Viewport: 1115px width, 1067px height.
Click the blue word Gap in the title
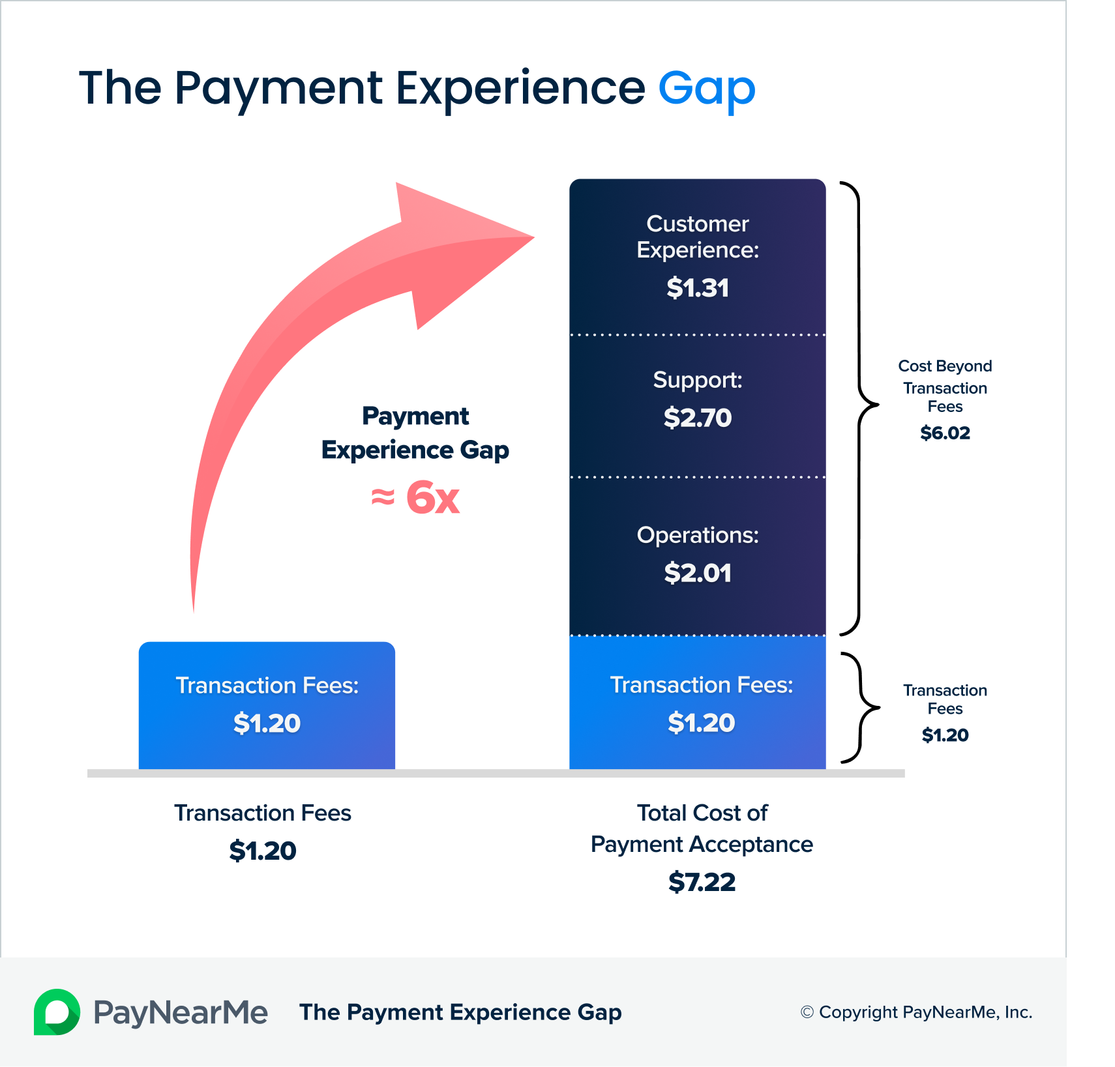(x=707, y=90)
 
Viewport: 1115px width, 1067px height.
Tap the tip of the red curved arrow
(x=534, y=237)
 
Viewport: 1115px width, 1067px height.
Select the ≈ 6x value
(x=415, y=498)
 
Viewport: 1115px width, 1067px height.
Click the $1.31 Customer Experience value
(x=698, y=288)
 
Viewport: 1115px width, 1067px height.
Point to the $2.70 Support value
(x=698, y=418)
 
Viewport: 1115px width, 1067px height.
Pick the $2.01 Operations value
(x=698, y=573)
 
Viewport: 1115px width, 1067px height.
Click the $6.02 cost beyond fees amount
(x=945, y=433)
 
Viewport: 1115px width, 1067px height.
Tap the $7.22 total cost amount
(x=702, y=882)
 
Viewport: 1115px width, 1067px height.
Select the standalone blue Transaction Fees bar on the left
(x=267, y=705)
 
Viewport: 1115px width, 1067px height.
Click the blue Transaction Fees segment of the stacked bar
(x=698, y=703)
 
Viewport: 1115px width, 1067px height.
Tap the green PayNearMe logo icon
(x=57, y=1012)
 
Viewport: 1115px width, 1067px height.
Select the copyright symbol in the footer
(x=807, y=1012)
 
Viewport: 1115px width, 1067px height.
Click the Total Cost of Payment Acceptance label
(x=702, y=828)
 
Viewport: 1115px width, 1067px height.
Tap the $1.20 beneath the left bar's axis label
(x=263, y=851)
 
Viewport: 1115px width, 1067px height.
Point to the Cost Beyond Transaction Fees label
(x=945, y=386)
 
